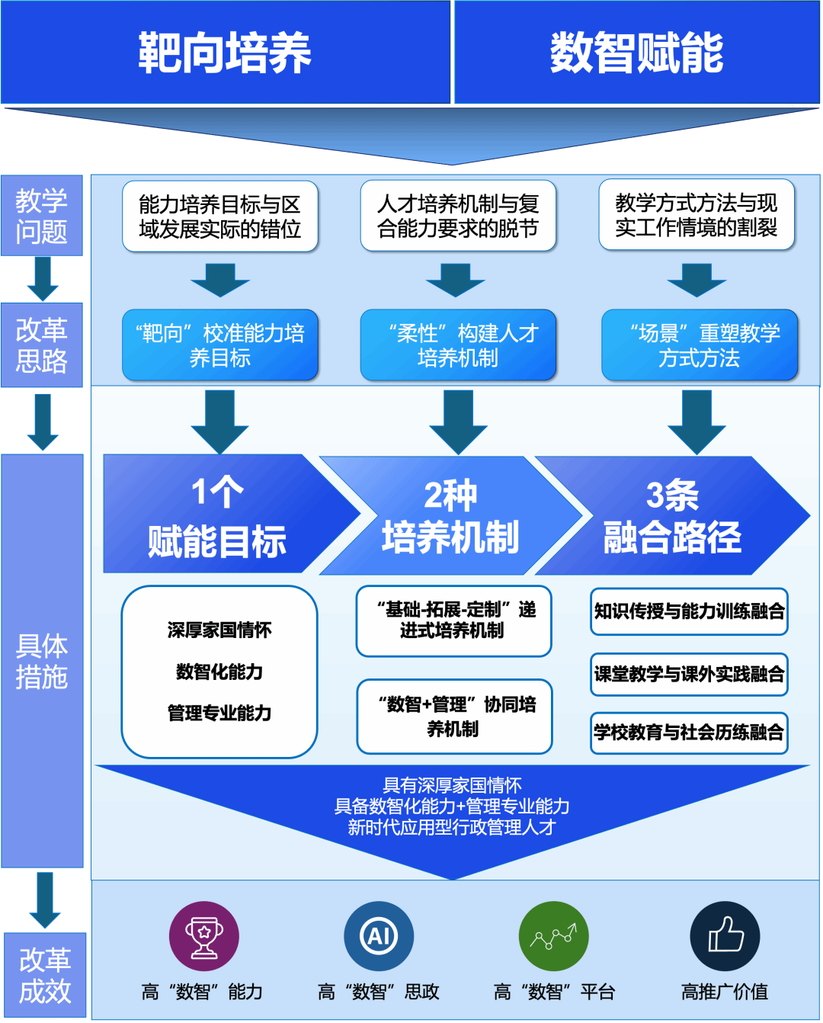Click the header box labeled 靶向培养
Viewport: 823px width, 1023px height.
pos(225,53)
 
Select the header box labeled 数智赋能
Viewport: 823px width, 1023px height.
pos(637,53)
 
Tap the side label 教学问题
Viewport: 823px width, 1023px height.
pos(42,216)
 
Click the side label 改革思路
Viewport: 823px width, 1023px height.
pos(42,345)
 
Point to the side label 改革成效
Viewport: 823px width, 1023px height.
pos(45,975)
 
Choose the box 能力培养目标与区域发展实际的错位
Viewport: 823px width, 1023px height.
pos(220,216)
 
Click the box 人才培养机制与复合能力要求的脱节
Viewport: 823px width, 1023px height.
pos(458,216)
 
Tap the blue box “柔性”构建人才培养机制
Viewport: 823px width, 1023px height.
pos(458,345)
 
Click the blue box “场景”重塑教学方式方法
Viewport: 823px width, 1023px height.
pos(700,345)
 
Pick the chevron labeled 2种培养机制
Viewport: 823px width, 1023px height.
pos(451,516)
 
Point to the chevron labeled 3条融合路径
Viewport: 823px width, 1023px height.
pos(672,516)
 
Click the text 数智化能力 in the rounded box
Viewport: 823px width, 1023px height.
pos(219,672)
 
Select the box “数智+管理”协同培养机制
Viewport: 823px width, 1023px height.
pos(454,717)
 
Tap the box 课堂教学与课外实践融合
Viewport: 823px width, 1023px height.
pos(689,674)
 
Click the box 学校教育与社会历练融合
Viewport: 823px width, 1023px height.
pos(689,733)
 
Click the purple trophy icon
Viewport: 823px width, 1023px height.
pos(203,936)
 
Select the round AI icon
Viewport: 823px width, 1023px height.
pos(379,936)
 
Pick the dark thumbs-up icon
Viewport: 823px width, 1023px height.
pos(725,936)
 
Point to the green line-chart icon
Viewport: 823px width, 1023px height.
pos(554,936)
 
